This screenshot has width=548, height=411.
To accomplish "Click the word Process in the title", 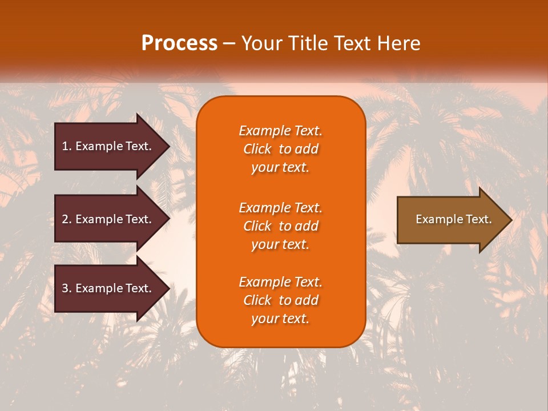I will tap(179, 43).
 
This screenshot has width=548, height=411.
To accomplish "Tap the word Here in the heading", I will tap(398, 43).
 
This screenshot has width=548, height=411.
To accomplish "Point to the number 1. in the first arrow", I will tap(67, 146).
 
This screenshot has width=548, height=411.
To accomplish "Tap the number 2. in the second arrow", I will tap(67, 219).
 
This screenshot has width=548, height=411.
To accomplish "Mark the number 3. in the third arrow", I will tap(67, 288).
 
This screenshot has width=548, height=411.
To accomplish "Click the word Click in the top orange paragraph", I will tap(257, 149).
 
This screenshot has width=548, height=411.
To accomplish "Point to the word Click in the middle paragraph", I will tap(257, 226).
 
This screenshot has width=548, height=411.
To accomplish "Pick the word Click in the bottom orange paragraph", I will tap(257, 300).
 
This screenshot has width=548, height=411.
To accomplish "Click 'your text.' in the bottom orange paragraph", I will tap(280, 319).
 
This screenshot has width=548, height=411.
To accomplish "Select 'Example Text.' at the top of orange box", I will tap(280, 131).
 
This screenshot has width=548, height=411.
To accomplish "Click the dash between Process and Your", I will tap(229, 44).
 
